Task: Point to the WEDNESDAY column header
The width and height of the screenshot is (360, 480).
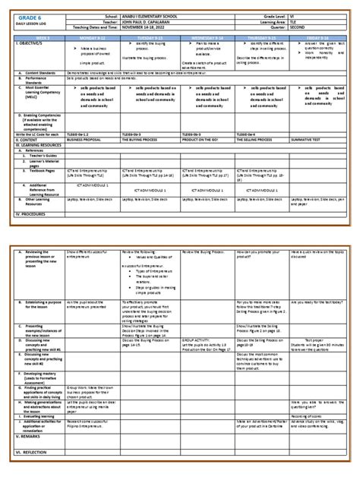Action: (207, 35)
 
